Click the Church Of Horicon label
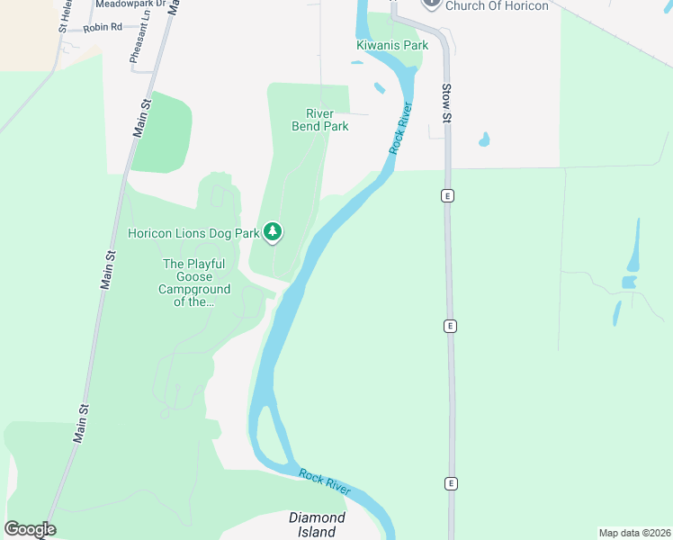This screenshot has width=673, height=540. pyautogui.click(x=496, y=5)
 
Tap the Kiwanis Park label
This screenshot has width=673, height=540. pyautogui.click(x=391, y=44)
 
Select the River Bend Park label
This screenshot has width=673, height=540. pyautogui.click(x=319, y=120)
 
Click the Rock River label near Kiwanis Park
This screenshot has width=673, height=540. pyautogui.click(x=401, y=128)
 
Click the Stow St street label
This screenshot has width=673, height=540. pyautogui.click(x=446, y=103)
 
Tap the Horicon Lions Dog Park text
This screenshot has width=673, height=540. pyautogui.click(x=193, y=233)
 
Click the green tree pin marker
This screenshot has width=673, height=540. pyautogui.click(x=273, y=232)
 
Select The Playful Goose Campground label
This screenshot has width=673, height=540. pyautogui.click(x=195, y=283)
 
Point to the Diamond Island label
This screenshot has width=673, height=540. pyautogui.click(x=317, y=525)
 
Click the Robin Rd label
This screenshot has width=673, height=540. pyautogui.click(x=102, y=28)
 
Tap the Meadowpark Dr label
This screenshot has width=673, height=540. pyautogui.click(x=130, y=4)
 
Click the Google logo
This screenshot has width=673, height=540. pyautogui.click(x=30, y=529)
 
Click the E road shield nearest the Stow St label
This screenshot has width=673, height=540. pyautogui.click(x=446, y=195)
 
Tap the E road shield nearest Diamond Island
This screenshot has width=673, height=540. pyautogui.click(x=451, y=483)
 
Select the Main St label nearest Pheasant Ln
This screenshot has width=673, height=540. pyautogui.click(x=140, y=118)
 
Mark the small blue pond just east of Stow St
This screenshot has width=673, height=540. pyautogui.click(x=484, y=139)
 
